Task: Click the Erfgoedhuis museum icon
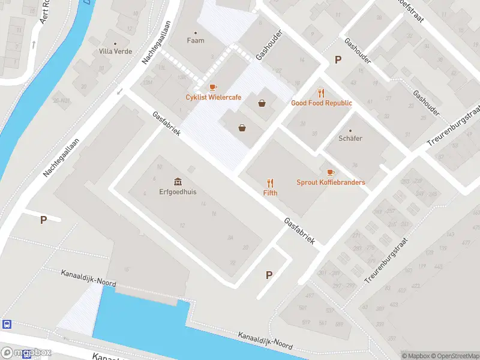click(178, 181)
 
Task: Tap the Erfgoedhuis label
click(178, 192)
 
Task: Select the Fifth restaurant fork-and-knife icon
click(270, 183)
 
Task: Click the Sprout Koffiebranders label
click(331, 182)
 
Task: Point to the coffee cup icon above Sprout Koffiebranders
click(331, 173)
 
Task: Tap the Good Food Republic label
click(322, 103)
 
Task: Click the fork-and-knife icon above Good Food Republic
click(322, 93)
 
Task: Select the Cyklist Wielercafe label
click(213, 97)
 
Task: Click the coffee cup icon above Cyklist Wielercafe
click(213, 88)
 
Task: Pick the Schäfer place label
click(350, 138)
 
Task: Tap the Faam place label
click(196, 41)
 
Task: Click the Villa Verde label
click(115, 52)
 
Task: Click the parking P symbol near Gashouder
click(338, 59)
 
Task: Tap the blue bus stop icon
click(7, 325)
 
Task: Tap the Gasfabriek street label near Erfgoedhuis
click(166, 123)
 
